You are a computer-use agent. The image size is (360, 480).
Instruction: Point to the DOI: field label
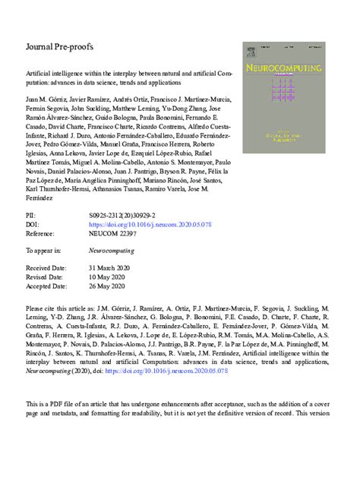[x=33, y=226]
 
